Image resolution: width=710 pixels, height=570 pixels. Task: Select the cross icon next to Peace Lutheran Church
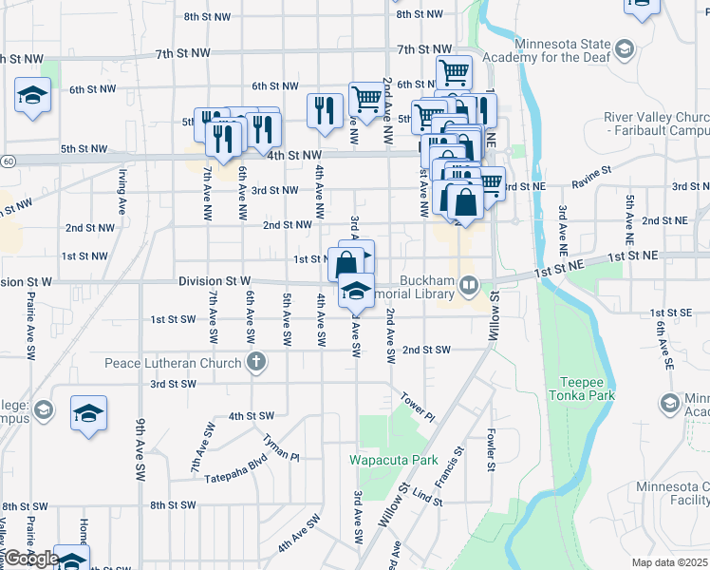pyautogui.click(x=255, y=361)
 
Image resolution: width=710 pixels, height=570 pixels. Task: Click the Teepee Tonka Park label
pyautogui.click(x=581, y=389)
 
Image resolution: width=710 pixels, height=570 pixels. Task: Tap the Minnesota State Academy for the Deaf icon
pyautogui.click(x=625, y=47)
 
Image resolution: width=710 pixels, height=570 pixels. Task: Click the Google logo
pyautogui.click(x=31, y=560)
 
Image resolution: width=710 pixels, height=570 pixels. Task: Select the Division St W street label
pyautogui.click(x=215, y=282)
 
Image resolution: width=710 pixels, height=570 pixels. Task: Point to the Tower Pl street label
pyautogui.click(x=417, y=407)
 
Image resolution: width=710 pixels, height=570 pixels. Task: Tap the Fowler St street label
pyautogui.click(x=492, y=450)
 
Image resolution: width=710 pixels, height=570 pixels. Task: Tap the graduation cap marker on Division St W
pyautogui.click(x=356, y=291)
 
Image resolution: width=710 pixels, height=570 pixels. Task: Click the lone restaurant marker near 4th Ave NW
pyautogui.click(x=325, y=109)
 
